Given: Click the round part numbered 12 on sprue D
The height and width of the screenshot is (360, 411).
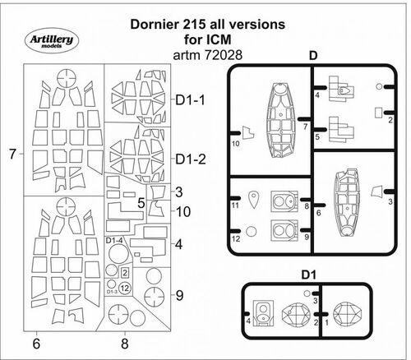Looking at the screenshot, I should pos(253,233).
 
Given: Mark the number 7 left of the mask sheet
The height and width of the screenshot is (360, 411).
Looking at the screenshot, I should pos(12,154).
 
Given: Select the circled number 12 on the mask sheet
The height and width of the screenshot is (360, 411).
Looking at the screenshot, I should pos(124,288).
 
